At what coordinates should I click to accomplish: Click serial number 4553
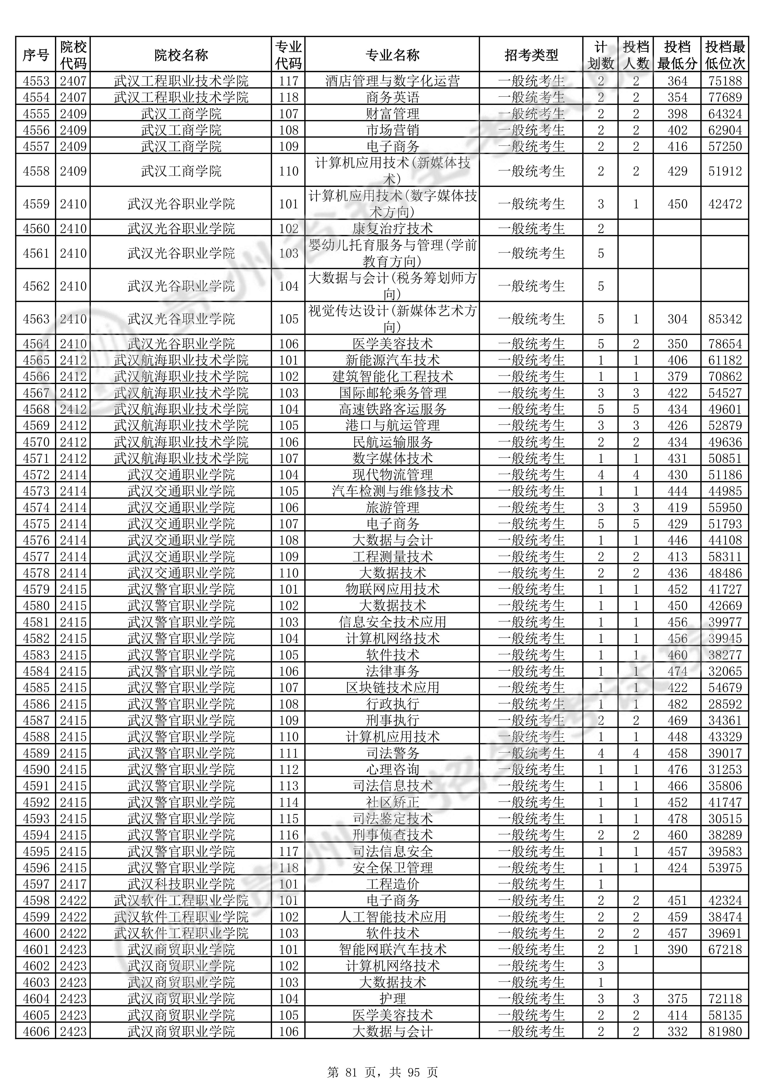pyautogui.click(x=36, y=81)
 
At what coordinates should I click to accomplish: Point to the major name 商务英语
pyautogui.click(x=392, y=97)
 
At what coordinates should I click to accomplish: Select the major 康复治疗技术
pyautogui.click(x=392, y=229)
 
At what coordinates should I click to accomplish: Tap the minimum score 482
pyautogui.click(x=677, y=704)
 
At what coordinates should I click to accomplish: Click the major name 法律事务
pyautogui.click(x=392, y=671)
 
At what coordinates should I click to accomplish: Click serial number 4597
pyautogui.click(x=36, y=884)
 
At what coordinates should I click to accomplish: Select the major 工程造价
pyautogui.click(x=392, y=884)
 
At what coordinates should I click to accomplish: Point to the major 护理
pyautogui.click(x=392, y=999)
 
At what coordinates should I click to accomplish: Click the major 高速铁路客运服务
pyautogui.click(x=392, y=409)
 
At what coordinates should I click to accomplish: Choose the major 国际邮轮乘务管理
pyautogui.click(x=392, y=393)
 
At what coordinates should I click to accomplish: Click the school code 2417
pyautogui.click(x=73, y=884)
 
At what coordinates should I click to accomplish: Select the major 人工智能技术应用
pyautogui.click(x=392, y=917)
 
